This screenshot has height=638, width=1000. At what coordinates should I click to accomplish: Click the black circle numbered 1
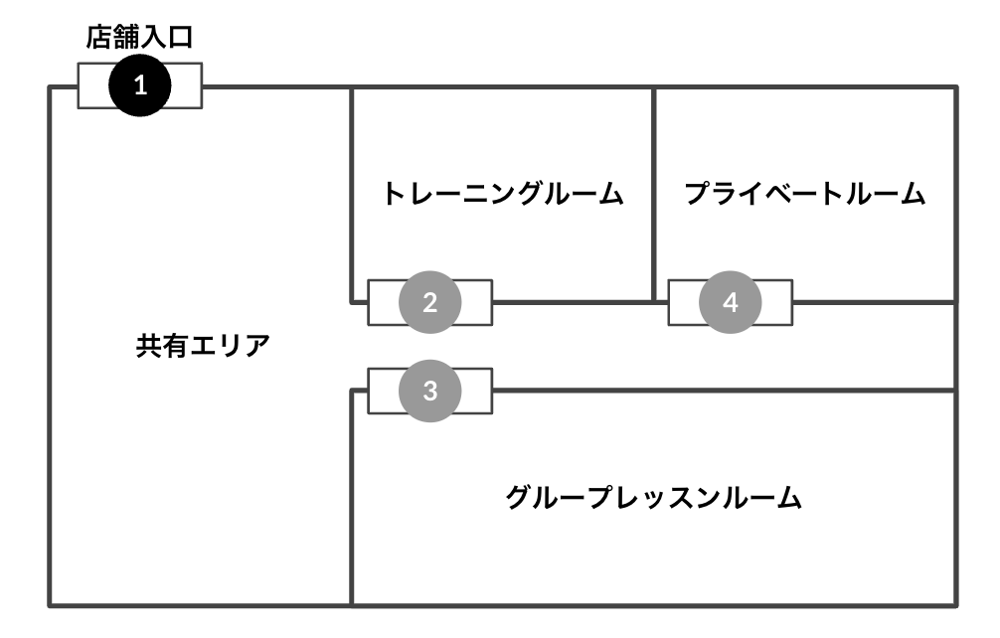[x=140, y=85]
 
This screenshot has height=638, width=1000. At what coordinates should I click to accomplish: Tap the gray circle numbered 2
[x=429, y=302]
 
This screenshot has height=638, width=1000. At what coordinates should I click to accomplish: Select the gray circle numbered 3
[x=429, y=391]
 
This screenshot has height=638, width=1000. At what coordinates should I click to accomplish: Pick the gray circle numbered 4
[x=731, y=302]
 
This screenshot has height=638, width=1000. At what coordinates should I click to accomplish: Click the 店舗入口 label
[x=140, y=39]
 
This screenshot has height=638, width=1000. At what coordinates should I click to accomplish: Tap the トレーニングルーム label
[x=503, y=194]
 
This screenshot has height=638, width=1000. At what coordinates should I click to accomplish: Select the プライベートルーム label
[x=804, y=194]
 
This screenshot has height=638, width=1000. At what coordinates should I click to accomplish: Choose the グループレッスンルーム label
[x=653, y=496]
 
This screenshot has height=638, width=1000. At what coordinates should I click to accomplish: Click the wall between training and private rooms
[x=653, y=189]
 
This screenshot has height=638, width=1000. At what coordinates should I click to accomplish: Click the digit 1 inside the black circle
[x=140, y=85]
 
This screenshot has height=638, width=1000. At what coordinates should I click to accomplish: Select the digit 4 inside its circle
[x=731, y=302]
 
